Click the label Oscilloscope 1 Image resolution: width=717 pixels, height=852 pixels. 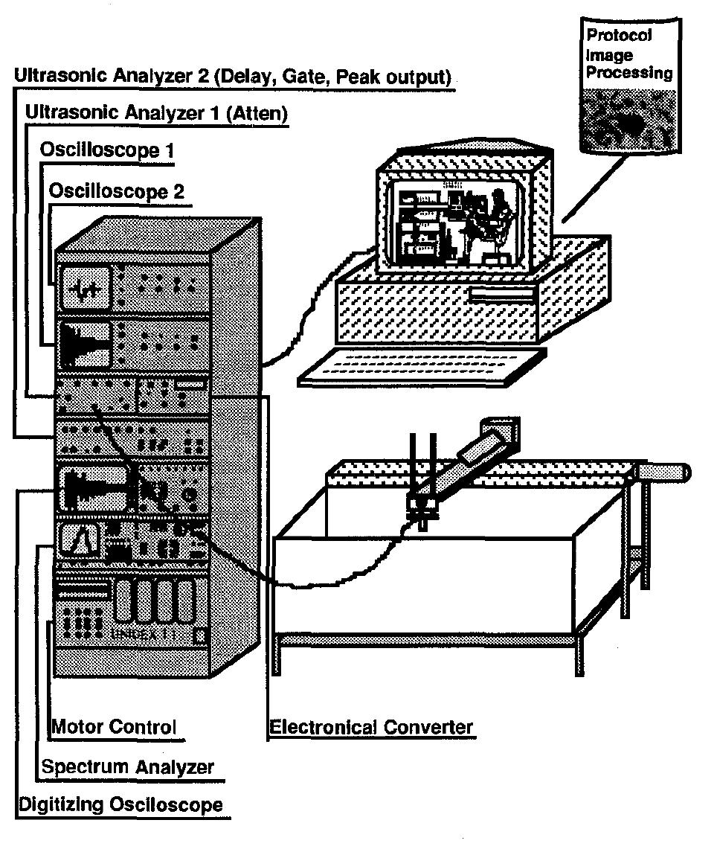[x=107, y=150]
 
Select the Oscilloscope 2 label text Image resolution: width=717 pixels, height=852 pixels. [x=116, y=191]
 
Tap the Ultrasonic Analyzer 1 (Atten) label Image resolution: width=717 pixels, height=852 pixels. [x=156, y=113]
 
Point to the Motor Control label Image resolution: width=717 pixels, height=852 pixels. [x=113, y=727]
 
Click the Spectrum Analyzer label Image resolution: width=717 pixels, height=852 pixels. [x=127, y=766]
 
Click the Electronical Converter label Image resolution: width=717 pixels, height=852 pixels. [x=371, y=727]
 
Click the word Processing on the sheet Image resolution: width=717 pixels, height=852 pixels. [x=629, y=74]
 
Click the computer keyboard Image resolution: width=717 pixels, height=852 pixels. [x=417, y=365]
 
